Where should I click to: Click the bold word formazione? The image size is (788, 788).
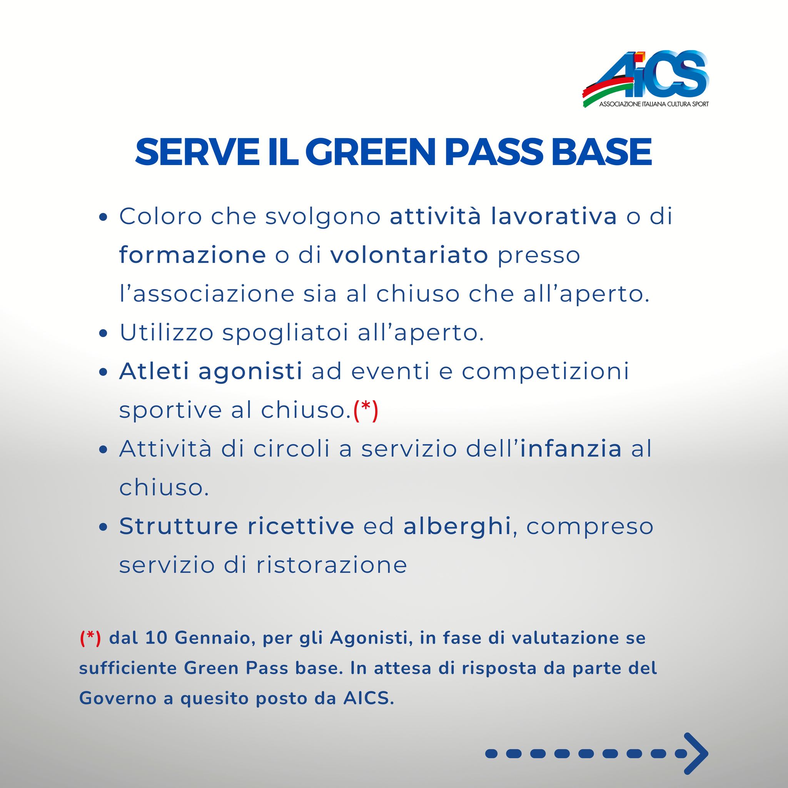(192, 255)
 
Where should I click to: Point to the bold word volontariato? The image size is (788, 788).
(409, 255)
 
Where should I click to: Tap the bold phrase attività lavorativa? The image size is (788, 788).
(503, 217)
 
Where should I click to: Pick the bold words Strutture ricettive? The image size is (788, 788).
(237, 526)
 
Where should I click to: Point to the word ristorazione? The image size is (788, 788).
(332, 565)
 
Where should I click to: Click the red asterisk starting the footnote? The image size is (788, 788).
(90, 639)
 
